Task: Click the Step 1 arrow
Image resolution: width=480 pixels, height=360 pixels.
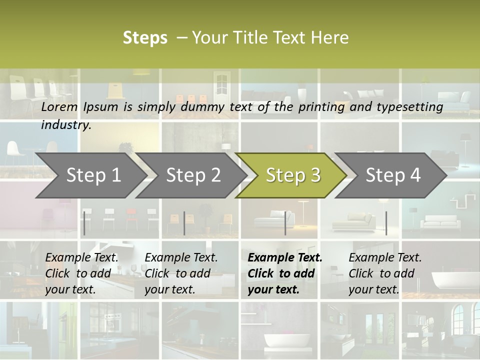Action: (x=93, y=175)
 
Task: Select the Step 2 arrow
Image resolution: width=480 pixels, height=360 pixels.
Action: (x=193, y=175)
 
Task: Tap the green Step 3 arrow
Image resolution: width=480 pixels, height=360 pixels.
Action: (x=293, y=175)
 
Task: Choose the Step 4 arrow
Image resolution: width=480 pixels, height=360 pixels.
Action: (x=393, y=175)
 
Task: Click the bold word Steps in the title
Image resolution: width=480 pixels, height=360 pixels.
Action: (x=145, y=38)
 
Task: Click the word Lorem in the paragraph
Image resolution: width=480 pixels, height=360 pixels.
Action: (x=59, y=107)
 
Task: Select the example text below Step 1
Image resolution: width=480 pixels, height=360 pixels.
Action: (x=81, y=273)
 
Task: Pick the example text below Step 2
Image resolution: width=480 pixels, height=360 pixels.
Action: (x=181, y=273)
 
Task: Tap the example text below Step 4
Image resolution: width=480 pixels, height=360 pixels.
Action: (x=385, y=273)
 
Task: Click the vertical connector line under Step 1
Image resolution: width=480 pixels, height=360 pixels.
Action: (x=84, y=223)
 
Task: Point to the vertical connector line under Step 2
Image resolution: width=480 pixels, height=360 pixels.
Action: (x=184, y=223)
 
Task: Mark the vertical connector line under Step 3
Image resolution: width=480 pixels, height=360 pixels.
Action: (x=285, y=223)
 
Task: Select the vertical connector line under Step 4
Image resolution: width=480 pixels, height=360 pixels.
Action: (x=386, y=223)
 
